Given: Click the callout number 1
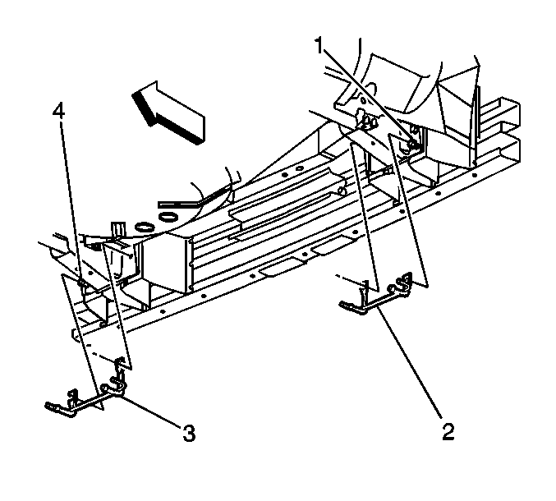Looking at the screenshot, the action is [319, 46].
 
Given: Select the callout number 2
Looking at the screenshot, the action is [448, 431].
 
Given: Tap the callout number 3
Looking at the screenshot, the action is [189, 433].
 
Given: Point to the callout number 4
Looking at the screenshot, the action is [59, 111].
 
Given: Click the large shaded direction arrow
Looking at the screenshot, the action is [168, 113].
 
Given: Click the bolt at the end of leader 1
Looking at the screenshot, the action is [413, 144].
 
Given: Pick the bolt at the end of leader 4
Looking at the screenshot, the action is [81, 283].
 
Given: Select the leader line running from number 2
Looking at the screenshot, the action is [410, 361].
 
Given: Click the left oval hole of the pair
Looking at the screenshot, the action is [144, 226].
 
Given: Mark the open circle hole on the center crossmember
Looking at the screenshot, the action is [299, 168].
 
